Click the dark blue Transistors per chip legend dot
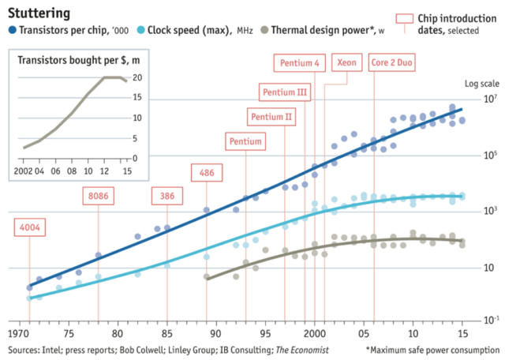pyautogui.click(x=12, y=31)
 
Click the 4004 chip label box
pyautogui.click(x=30, y=228)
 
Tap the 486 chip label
pyautogui.click(x=207, y=173)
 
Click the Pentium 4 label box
pyautogui.click(x=300, y=62)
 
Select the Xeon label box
pyautogui.click(x=346, y=62)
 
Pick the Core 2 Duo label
pyautogui.click(x=393, y=62)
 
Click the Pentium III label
pyautogui.click(x=285, y=92)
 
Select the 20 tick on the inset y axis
pyautogui.click(x=137, y=77)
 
